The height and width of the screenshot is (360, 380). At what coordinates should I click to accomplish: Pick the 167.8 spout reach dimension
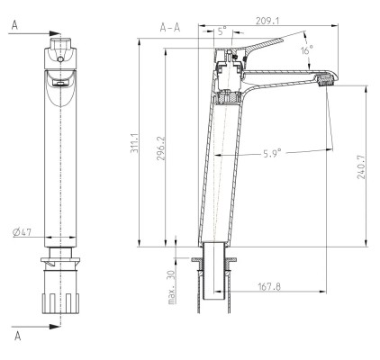click(267, 288)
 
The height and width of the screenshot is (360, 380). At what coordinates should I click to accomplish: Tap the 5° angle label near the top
click(222, 30)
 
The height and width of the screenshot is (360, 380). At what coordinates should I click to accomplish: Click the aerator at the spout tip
click(324, 83)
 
